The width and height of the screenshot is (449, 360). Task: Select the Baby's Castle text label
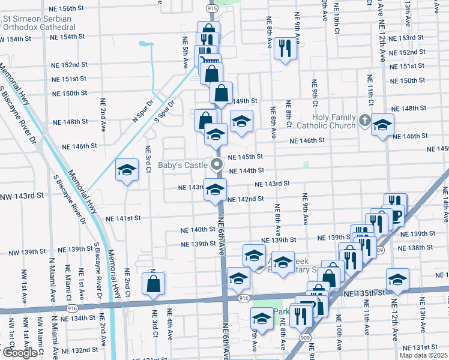point(182,164)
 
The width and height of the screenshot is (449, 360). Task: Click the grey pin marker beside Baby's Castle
point(217,164)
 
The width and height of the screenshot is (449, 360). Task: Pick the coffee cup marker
point(395,215)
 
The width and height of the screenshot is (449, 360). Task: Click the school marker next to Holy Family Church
point(382,125)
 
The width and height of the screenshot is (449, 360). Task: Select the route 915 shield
point(212,8)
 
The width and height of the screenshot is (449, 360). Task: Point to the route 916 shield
point(243,298)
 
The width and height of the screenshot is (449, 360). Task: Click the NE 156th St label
point(70,9)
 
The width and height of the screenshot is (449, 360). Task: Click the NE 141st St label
point(124,218)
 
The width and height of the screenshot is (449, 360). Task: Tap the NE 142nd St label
point(246,199)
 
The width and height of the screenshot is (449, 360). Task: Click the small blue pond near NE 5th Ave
point(145,44)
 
